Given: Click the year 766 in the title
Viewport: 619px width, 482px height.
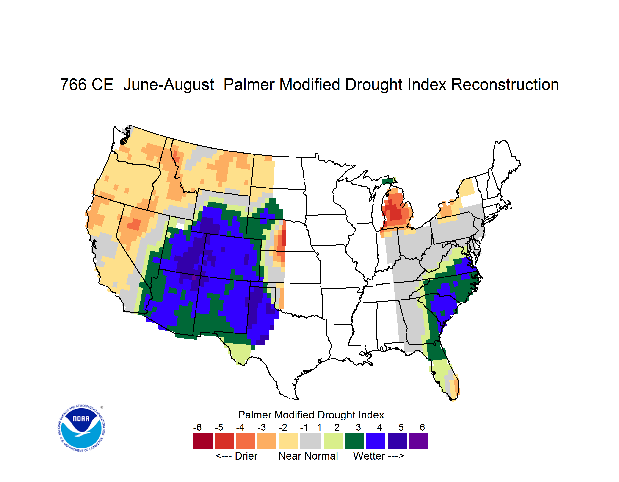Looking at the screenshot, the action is (x=73, y=84).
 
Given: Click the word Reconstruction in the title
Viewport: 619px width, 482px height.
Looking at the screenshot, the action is (x=505, y=84).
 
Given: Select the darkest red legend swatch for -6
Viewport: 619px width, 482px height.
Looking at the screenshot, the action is (x=203, y=441).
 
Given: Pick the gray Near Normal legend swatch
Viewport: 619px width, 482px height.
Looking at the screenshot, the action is (x=311, y=441).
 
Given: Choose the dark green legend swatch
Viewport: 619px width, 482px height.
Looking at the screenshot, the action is (x=354, y=441).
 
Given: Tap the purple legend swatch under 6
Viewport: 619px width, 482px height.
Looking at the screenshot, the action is (x=418, y=441).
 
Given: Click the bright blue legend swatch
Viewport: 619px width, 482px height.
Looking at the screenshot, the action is (x=376, y=441).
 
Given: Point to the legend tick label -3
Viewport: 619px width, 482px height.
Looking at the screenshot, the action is (x=262, y=427).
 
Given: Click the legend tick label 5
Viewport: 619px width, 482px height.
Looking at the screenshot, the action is (x=401, y=427).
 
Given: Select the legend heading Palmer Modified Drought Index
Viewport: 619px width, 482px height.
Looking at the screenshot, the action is (x=311, y=415).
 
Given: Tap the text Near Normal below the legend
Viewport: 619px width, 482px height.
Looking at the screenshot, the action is (x=308, y=456).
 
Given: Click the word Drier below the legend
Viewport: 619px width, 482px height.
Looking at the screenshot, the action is (x=246, y=456).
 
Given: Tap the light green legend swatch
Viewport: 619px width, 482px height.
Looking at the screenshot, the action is (x=333, y=441).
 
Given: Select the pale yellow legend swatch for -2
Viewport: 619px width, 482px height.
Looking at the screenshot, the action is (x=288, y=441).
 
